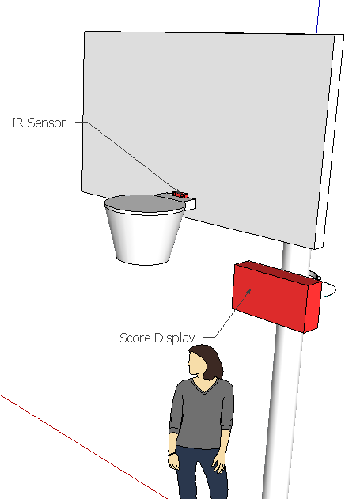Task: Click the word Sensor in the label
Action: (47, 123)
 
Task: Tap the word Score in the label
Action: (135, 338)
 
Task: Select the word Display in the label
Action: (174, 338)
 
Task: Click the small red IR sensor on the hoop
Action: (180, 195)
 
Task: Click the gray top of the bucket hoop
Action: (145, 204)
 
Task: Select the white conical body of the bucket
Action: (145, 237)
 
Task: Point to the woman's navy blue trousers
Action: (201, 473)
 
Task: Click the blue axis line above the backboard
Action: (317, 17)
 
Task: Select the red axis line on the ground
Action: (83, 447)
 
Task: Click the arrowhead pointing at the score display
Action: (248, 292)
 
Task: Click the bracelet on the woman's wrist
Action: (172, 453)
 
